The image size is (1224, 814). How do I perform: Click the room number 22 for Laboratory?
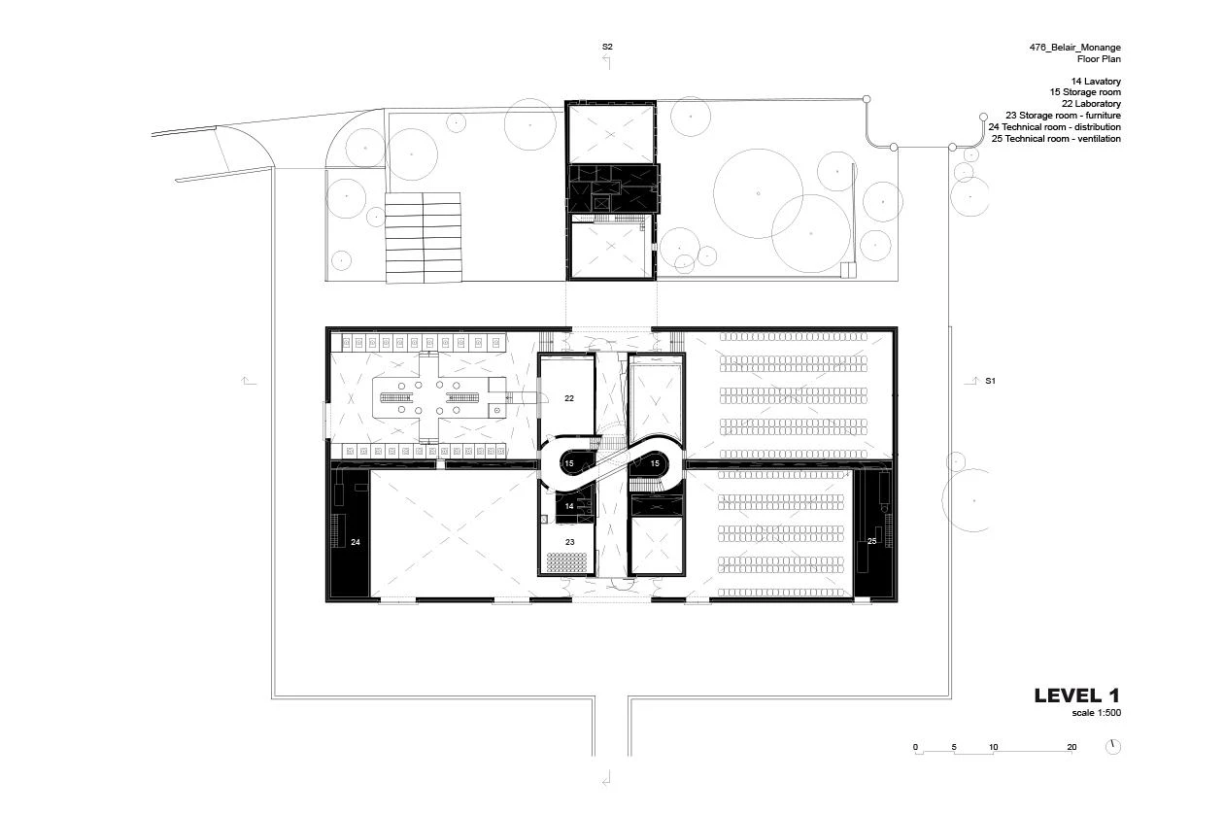pos(569,398)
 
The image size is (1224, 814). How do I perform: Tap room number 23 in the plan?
pos(570,542)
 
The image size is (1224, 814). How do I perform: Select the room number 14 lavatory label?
pos(569,506)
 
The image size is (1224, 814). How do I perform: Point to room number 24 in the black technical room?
pos(356,542)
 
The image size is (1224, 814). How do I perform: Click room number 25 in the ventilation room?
pos(872,541)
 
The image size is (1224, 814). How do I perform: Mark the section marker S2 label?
pos(607,47)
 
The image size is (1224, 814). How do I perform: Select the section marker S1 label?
pos(991,381)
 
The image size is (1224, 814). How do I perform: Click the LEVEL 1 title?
pos(1077,695)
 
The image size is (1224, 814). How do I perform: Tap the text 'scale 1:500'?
pos(1096,712)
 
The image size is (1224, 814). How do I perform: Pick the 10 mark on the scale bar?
pos(994,747)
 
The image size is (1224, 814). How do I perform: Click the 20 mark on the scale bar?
pos(1071,747)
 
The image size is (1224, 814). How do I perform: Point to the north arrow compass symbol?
pos(1113,747)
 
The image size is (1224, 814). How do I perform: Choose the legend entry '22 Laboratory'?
pos(1091,104)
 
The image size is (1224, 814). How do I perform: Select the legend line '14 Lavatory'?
pos(1096,81)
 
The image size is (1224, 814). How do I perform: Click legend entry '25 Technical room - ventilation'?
pos(1056,139)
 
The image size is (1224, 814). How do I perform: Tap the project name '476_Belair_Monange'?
pos(1074,48)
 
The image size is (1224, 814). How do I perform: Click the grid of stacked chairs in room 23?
pos(567,561)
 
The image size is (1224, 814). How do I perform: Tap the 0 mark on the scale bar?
pos(915,747)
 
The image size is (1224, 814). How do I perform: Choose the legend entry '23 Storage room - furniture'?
pos(1064,116)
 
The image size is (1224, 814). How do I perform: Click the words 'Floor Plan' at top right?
pos(1099,59)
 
